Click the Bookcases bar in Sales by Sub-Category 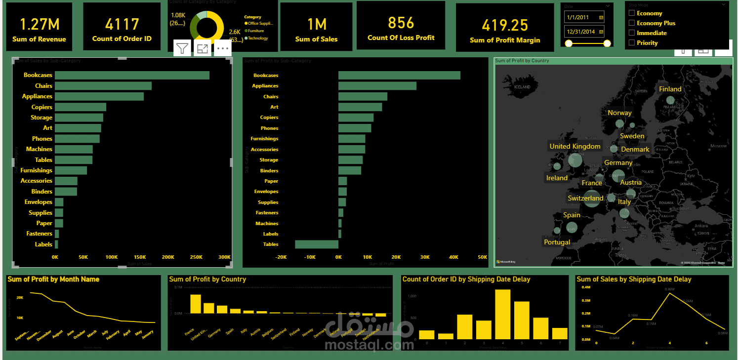132,76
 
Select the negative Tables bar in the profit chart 317,244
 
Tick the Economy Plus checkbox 631,23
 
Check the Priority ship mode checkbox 631,43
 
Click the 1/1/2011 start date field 584,17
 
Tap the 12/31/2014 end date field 584,32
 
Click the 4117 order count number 122,24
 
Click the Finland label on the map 670,89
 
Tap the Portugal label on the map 557,242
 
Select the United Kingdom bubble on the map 575,160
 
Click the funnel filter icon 183,48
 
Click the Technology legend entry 258,39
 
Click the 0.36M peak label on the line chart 669,289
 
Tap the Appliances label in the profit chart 265,86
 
